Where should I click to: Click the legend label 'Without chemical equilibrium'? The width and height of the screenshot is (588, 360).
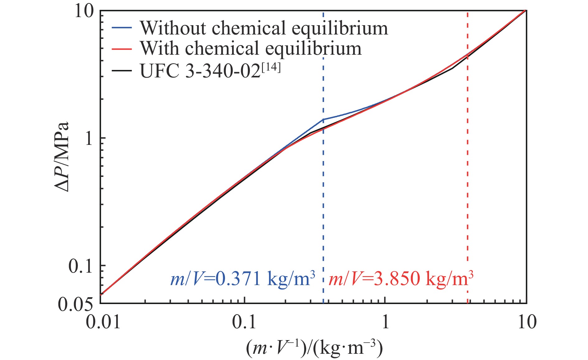click(x=264, y=28)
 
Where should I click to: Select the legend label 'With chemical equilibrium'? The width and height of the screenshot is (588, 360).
click(x=250, y=49)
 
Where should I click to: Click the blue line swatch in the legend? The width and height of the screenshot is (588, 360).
click(x=122, y=28)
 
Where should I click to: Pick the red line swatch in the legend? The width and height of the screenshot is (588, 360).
click(x=122, y=49)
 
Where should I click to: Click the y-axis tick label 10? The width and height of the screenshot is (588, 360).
click(x=84, y=12)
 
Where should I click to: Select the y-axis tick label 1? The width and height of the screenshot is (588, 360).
click(x=89, y=139)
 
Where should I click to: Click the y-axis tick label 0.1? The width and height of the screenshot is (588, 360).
click(x=81, y=266)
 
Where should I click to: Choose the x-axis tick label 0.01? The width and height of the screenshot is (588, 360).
click(x=103, y=322)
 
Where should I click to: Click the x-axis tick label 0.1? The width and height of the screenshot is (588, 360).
click(x=244, y=322)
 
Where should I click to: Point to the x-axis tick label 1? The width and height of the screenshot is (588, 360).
click(x=385, y=322)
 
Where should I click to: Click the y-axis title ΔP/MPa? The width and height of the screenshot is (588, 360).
click(x=62, y=157)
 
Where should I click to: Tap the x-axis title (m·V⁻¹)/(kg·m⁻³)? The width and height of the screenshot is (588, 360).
click(x=314, y=348)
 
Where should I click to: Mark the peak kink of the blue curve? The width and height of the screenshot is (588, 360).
click(x=323, y=119)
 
